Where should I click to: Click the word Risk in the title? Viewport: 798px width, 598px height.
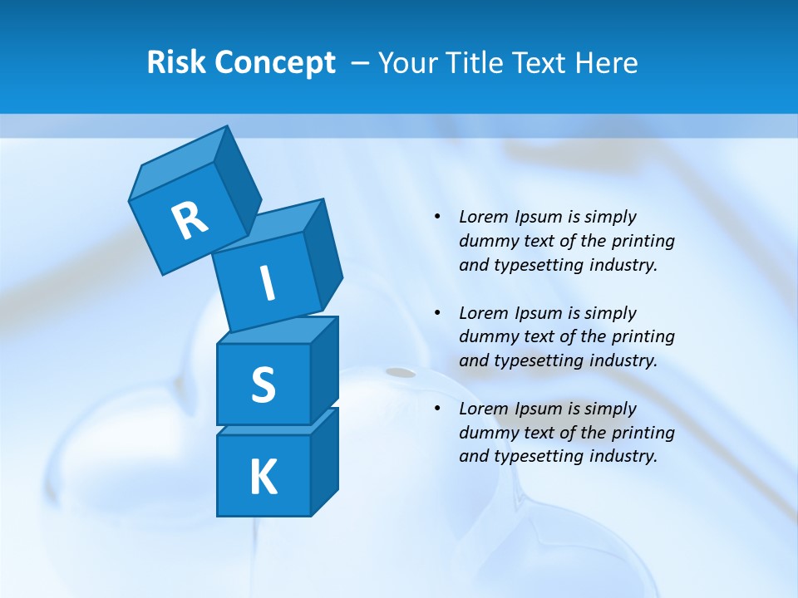(175, 63)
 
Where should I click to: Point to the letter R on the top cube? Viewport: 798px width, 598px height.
(190, 220)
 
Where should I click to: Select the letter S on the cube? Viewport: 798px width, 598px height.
(263, 385)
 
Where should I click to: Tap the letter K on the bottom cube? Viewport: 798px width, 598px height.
(263, 477)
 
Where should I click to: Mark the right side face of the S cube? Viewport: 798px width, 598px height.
(324, 370)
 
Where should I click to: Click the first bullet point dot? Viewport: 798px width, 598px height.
(437, 218)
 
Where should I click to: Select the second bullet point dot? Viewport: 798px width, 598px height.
(437, 313)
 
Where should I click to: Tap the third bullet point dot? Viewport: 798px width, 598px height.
(437, 409)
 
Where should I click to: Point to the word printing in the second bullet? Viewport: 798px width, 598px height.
(643, 337)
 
